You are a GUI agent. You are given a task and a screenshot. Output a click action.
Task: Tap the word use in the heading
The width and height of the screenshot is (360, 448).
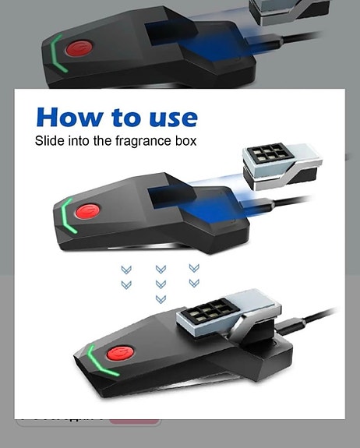170,117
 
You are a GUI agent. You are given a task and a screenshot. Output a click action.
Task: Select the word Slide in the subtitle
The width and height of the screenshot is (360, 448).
48,141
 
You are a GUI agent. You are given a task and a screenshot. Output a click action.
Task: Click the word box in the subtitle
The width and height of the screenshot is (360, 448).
185,141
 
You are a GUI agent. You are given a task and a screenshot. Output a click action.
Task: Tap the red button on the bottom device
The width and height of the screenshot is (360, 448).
118,351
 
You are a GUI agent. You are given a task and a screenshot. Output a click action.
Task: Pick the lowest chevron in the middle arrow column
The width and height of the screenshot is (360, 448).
161,299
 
